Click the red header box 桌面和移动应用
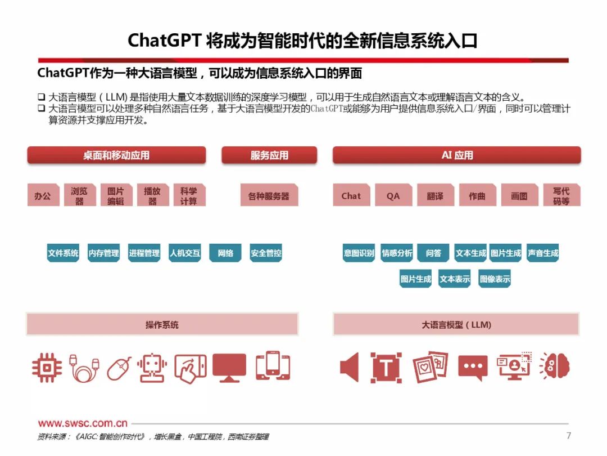116,155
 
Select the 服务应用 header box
269,155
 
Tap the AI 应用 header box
456,155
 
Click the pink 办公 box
43,196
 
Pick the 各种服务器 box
269,196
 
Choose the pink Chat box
351,196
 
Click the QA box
393,196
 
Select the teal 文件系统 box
63,253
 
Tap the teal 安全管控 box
266,253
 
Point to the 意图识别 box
359,253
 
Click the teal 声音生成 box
543,253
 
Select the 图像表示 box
495,279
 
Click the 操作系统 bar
162,325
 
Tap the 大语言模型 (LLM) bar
456,325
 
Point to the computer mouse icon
119,368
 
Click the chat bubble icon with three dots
473,368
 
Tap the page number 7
568,435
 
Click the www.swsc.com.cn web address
83,423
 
